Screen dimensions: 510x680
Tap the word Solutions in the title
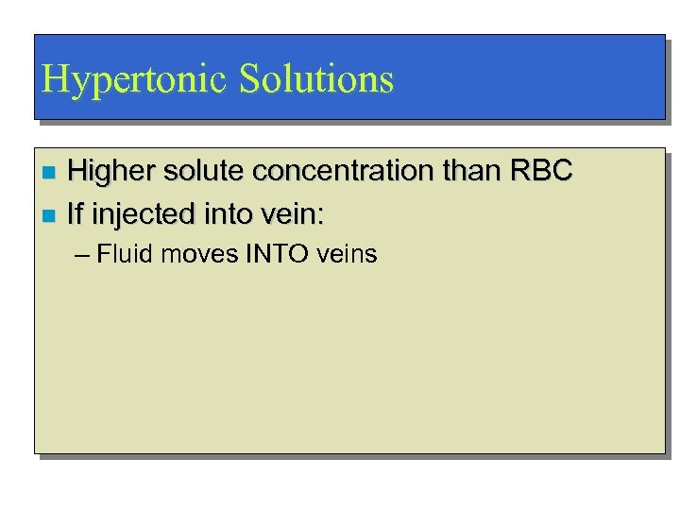click(316, 79)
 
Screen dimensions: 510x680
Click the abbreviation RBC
click(540, 171)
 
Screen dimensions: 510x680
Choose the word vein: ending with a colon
click(294, 215)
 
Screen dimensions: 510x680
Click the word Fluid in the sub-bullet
click(117, 254)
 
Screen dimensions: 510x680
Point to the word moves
click(187, 255)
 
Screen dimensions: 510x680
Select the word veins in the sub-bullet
click(346, 255)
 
